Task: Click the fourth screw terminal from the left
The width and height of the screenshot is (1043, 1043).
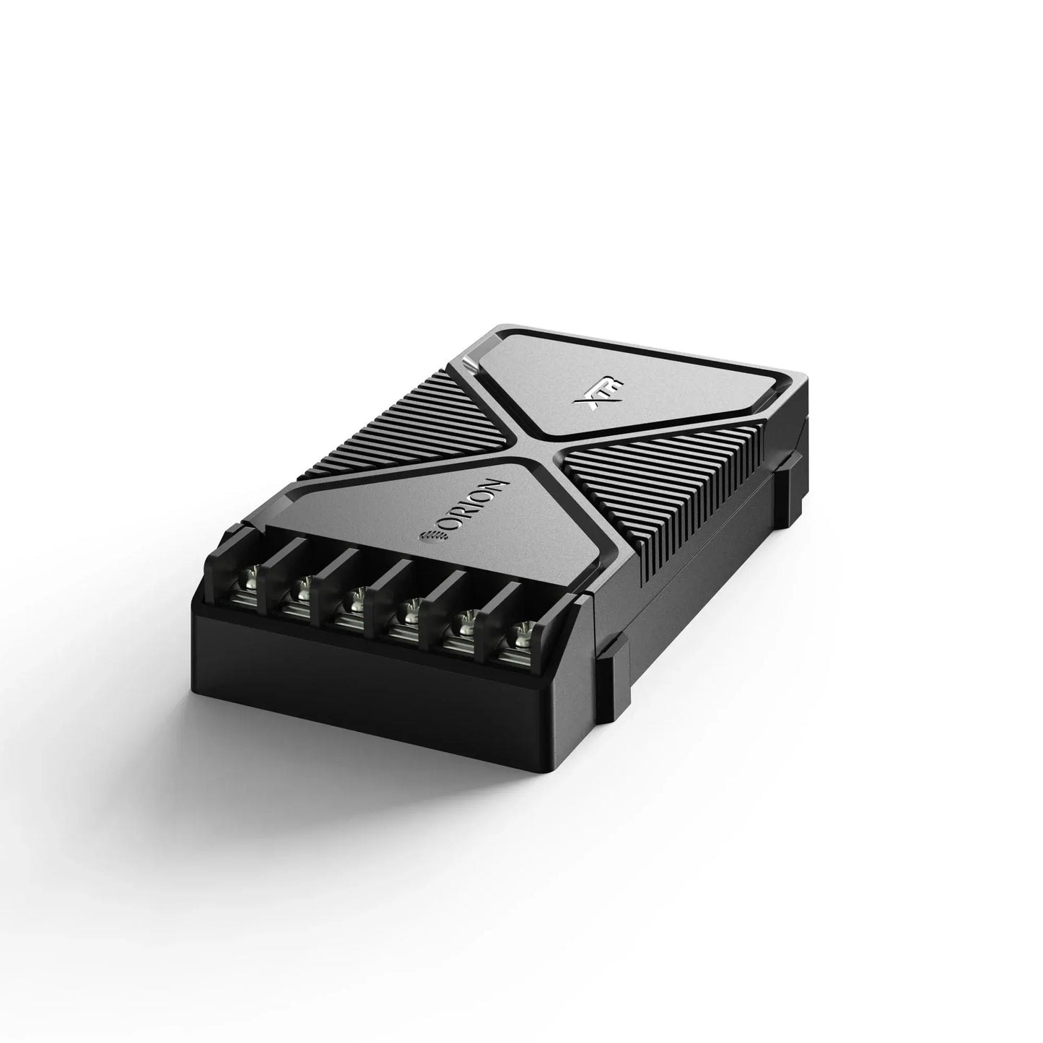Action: coord(409,613)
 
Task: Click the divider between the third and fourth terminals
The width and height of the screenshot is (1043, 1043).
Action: coord(381,585)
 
